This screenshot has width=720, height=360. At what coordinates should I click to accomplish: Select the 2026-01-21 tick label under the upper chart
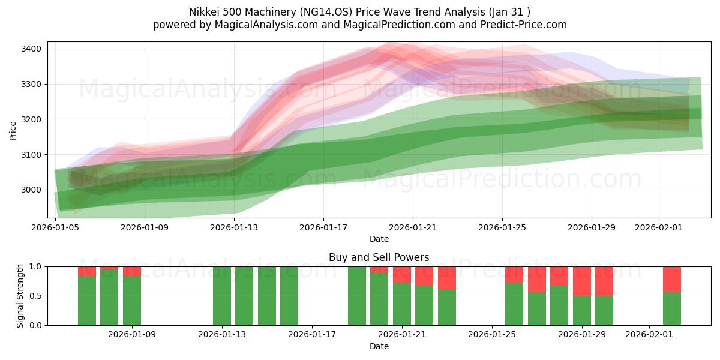412,227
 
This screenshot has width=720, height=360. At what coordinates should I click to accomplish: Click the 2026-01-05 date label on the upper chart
55,227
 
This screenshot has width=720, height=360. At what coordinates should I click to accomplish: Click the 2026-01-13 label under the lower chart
222,335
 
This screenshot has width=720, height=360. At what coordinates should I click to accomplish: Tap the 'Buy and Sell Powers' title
379,257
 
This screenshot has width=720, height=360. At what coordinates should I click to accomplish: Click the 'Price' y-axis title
13,130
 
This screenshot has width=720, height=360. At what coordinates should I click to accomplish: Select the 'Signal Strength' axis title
21,295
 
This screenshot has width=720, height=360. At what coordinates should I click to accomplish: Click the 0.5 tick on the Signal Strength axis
35,296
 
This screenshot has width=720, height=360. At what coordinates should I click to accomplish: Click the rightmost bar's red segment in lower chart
671,279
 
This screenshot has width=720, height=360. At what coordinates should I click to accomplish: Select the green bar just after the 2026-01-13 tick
244,296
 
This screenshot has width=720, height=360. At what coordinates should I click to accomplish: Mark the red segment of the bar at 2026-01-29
582,281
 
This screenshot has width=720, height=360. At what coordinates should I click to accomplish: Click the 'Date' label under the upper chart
379,239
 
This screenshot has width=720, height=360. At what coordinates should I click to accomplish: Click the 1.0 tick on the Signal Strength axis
35,266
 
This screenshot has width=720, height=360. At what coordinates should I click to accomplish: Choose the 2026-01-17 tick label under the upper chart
323,227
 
